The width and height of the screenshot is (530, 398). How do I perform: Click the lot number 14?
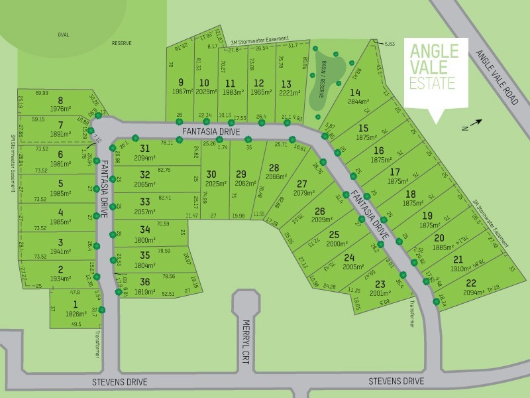356,92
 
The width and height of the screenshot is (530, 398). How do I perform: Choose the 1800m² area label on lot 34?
145,239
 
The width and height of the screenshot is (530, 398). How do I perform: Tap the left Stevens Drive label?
119,382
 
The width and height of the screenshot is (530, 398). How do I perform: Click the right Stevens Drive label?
396,381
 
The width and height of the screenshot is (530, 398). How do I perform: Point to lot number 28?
274,168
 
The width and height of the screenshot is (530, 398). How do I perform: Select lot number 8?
60,100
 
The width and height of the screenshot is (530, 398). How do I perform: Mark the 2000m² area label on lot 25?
336,243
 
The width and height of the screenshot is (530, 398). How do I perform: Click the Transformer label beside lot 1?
98,344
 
